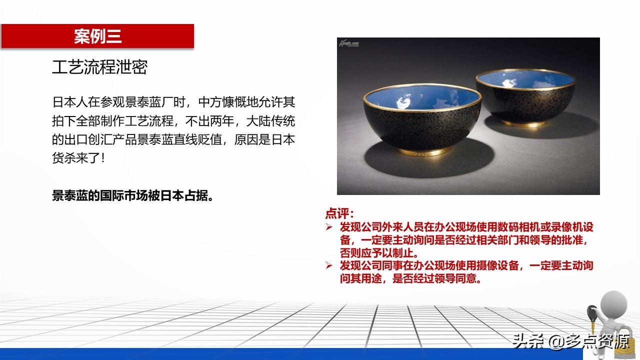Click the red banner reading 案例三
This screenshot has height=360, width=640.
[97, 36]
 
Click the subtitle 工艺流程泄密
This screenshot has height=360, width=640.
[99, 67]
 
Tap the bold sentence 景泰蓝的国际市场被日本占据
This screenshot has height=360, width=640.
[133, 195]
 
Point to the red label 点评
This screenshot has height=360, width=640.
[339, 213]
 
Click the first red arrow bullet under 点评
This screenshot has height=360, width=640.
[329, 227]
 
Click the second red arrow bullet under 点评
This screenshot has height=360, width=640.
[329, 265]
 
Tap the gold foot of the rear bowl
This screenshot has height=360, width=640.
[523, 123]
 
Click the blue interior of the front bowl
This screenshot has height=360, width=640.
[422, 97]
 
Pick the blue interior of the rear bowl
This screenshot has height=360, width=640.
[525, 79]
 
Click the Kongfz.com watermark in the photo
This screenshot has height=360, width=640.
[349, 43]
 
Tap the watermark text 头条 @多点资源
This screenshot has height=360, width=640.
[571, 341]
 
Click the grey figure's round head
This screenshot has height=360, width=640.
[613, 304]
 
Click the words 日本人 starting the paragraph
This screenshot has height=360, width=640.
[70, 102]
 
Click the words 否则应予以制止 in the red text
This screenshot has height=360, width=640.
[377, 253]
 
